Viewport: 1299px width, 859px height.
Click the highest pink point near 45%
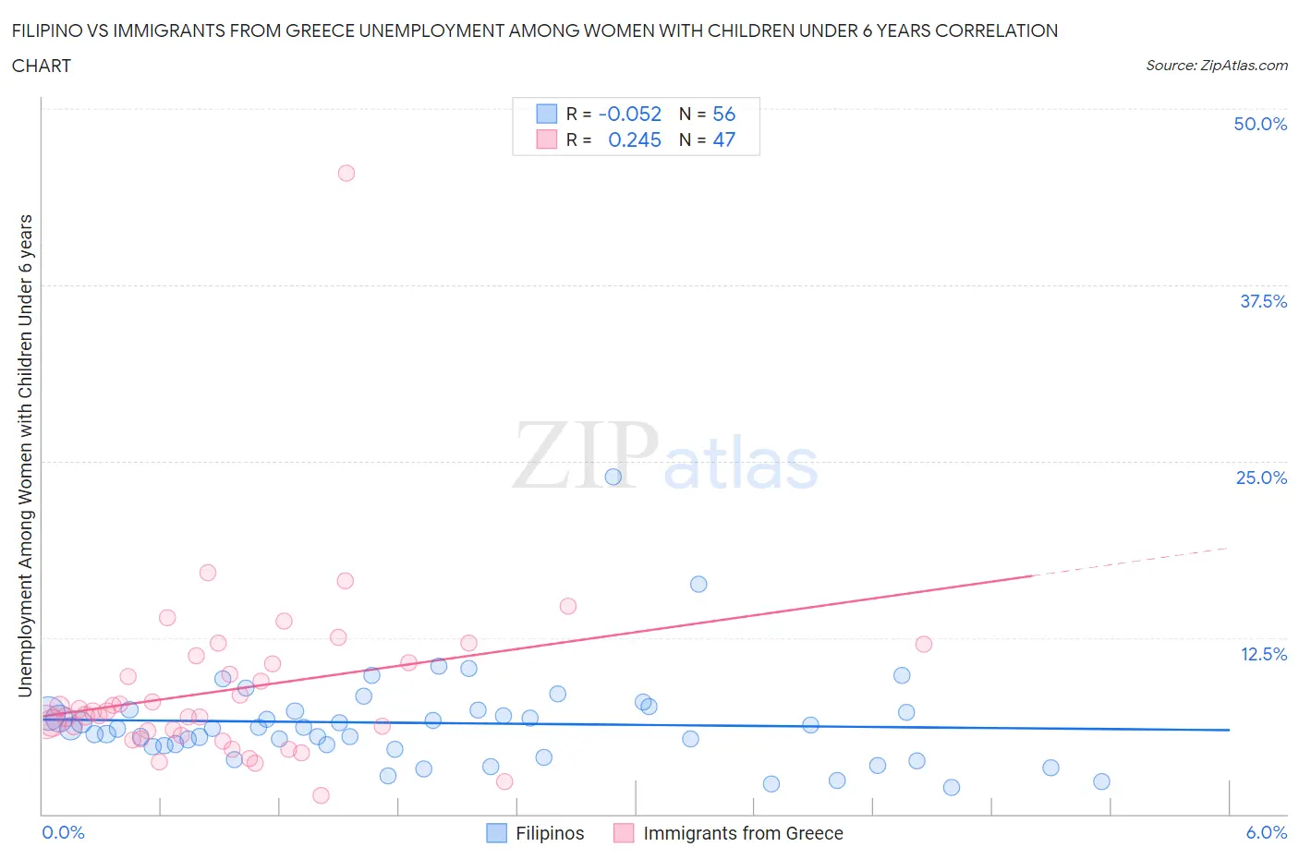point(346,173)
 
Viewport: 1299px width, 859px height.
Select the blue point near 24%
point(613,477)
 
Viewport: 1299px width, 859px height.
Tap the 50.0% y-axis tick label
point(1260,124)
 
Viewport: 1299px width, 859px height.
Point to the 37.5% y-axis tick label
point(1263,301)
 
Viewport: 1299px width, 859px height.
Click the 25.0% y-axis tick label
point(1261,478)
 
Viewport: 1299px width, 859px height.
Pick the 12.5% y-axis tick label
point(1263,654)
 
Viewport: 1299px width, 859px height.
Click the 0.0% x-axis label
point(64,832)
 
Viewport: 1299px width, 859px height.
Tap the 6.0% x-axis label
point(1266,832)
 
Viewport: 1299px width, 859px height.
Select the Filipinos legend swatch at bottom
point(497,833)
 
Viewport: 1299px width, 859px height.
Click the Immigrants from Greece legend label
point(743,833)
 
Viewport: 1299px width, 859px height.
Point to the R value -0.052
point(630,114)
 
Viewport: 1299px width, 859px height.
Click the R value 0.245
point(635,139)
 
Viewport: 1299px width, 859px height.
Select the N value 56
point(723,114)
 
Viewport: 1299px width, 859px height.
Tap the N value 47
point(723,139)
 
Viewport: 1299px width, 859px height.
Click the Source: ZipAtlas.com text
point(1216,65)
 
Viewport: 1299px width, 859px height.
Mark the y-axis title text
point(25,455)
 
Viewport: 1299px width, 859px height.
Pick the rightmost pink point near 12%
point(923,644)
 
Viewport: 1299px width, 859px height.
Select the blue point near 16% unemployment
point(698,584)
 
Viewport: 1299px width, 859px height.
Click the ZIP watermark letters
point(586,455)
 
